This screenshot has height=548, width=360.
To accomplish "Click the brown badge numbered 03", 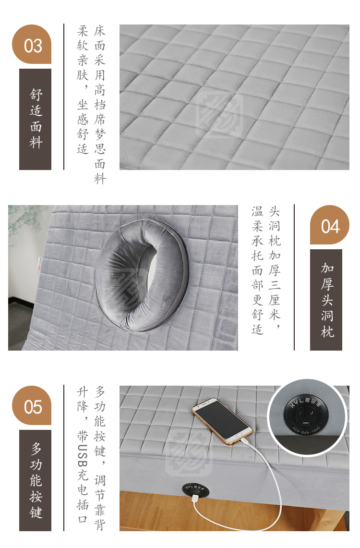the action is click(32, 44).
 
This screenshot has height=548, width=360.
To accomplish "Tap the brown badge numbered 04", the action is click(330, 225).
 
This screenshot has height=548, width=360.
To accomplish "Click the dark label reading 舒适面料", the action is click(35, 119).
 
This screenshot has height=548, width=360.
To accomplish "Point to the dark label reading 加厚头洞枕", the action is click(326, 300).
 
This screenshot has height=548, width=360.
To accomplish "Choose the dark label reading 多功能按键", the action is click(35, 481).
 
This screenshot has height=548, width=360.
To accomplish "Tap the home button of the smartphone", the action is click(240, 436).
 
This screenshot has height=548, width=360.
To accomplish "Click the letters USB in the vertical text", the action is click(83, 456).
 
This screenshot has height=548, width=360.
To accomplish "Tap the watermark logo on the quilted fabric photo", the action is click(219, 114).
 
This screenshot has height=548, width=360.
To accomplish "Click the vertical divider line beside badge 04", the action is click(294, 278).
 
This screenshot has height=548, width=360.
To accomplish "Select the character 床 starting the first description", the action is click(99, 31).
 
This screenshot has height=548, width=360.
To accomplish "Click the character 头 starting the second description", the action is click(274, 211).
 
